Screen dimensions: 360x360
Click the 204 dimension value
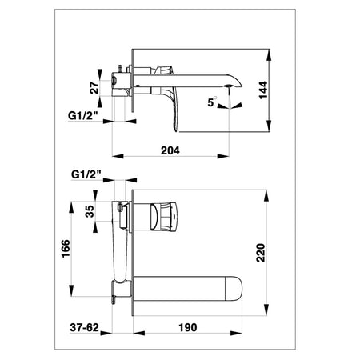tap(170, 150)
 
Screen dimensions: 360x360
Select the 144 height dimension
tap(263, 90)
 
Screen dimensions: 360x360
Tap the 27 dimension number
tap(94, 88)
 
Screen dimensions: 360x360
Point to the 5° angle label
tap(212, 102)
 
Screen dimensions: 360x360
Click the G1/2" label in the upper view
tap(83, 115)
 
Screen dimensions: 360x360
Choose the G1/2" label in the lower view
tap(86, 174)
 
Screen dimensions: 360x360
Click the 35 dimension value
tap(90, 211)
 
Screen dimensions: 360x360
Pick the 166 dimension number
tap(66, 249)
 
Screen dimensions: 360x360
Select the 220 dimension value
tap(261, 253)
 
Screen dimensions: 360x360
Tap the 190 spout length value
tap(188, 327)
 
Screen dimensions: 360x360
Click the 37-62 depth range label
tap(84, 327)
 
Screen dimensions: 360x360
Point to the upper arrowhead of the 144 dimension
tap(269, 55)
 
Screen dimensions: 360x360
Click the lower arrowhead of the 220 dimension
tap(266, 310)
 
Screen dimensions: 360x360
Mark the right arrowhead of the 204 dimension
tap(223, 156)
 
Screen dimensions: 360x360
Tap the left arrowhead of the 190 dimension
tap(139, 333)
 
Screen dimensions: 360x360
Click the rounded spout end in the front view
tap(234, 289)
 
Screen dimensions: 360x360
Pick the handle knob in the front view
tap(163, 216)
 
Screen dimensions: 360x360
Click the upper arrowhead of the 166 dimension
tap(71, 207)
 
